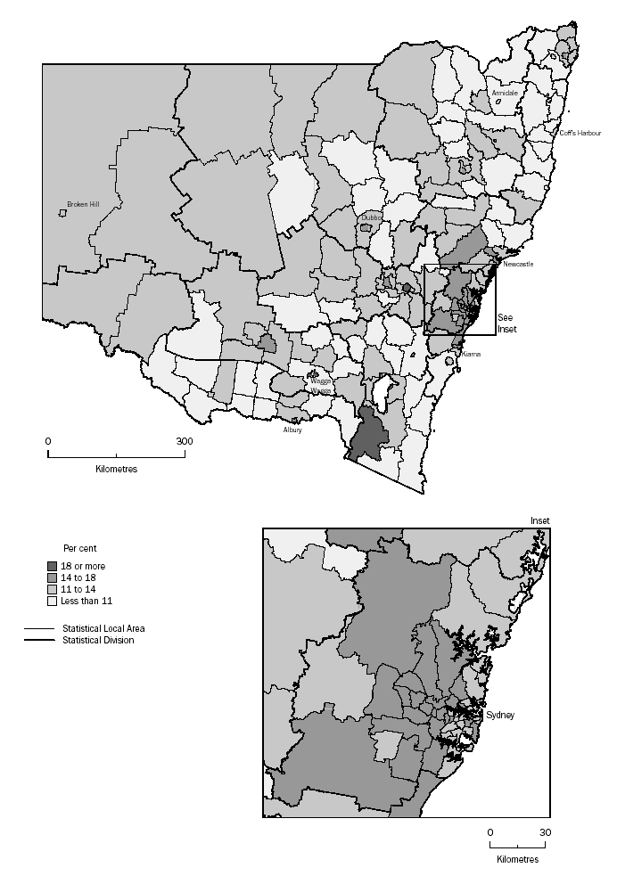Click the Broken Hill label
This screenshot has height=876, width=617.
pos(83,203)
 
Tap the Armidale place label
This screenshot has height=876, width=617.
pos(504,93)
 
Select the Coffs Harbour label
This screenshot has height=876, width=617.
pos(580,133)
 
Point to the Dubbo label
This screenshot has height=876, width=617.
pos(372,217)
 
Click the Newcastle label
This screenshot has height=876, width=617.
pos(519,265)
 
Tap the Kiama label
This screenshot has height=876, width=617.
pos(471,355)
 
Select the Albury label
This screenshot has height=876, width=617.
pos(292,430)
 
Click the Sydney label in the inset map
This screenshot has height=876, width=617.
pos(500,716)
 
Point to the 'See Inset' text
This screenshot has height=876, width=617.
pos(507,323)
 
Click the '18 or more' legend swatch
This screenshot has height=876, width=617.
pos(53,565)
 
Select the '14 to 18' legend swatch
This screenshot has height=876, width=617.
pos(53,577)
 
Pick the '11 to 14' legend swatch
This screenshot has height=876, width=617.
pos(53,589)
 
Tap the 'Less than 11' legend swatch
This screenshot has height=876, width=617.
pos(53,601)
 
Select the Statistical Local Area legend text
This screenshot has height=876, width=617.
pos(103,628)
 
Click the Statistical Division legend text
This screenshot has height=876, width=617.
pos(98,640)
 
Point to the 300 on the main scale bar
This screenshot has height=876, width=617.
pos(184,441)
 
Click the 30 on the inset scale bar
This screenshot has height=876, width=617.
pos(545,832)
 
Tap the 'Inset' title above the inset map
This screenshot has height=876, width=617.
pos(540,520)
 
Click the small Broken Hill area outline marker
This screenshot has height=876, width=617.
pos(63,213)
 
